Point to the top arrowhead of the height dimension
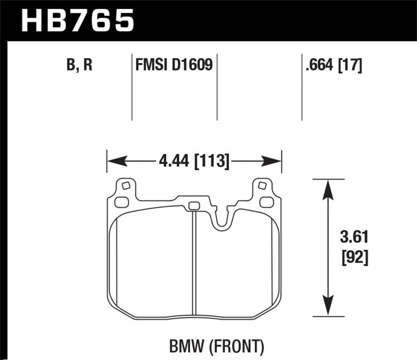(x=327, y=188)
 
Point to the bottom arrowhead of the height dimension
(x=327, y=308)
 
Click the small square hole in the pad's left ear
(x=125, y=185)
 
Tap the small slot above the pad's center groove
(x=193, y=205)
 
